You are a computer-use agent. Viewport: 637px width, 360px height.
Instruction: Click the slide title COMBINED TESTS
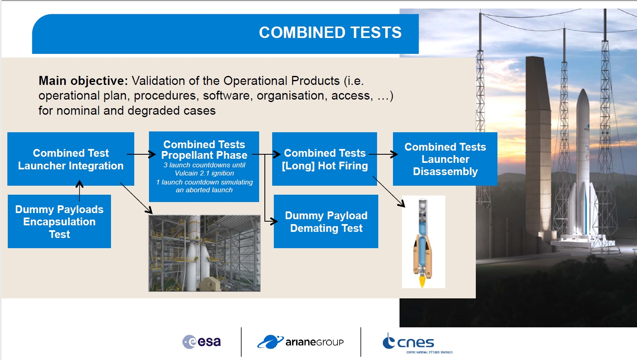pyautogui.click(x=330, y=32)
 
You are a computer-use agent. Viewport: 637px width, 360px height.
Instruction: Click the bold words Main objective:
pyautogui.click(x=83, y=81)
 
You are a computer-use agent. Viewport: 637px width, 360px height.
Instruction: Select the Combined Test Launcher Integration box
pyautogui.click(x=71, y=159)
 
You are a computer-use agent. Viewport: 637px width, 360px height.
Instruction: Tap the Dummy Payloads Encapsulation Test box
pyautogui.click(x=59, y=222)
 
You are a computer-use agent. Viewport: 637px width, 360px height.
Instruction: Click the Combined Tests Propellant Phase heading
pyautogui.click(x=204, y=150)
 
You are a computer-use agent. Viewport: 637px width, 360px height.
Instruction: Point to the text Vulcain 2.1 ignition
pyautogui.click(x=204, y=173)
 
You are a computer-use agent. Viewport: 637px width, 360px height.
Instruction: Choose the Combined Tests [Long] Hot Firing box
pyautogui.click(x=324, y=159)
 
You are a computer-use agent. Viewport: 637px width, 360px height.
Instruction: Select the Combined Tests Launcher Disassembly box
pyautogui.click(x=445, y=159)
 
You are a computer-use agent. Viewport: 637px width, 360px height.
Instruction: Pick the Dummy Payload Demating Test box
pyautogui.click(x=326, y=222)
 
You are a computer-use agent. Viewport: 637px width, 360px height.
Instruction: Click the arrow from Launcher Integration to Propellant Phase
pyautogui.click(x=141, y=154)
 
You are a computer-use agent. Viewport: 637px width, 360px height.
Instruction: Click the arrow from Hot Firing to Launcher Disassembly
pyautogui.click(x=383, y=154)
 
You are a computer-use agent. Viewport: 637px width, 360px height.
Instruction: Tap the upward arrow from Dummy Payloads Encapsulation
pyautogui.click(x=80, y=191)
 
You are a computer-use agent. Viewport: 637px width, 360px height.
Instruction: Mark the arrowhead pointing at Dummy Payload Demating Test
pyautogui.click(x=274, y=221)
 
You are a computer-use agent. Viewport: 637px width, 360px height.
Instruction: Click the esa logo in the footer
pyautogui.click(x=202, y=342)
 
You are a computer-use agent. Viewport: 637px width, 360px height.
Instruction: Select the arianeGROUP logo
pyautogui.click(x=300, y=342)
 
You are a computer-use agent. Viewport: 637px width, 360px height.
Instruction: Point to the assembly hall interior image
pyautogui.click(x=204, y=253)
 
